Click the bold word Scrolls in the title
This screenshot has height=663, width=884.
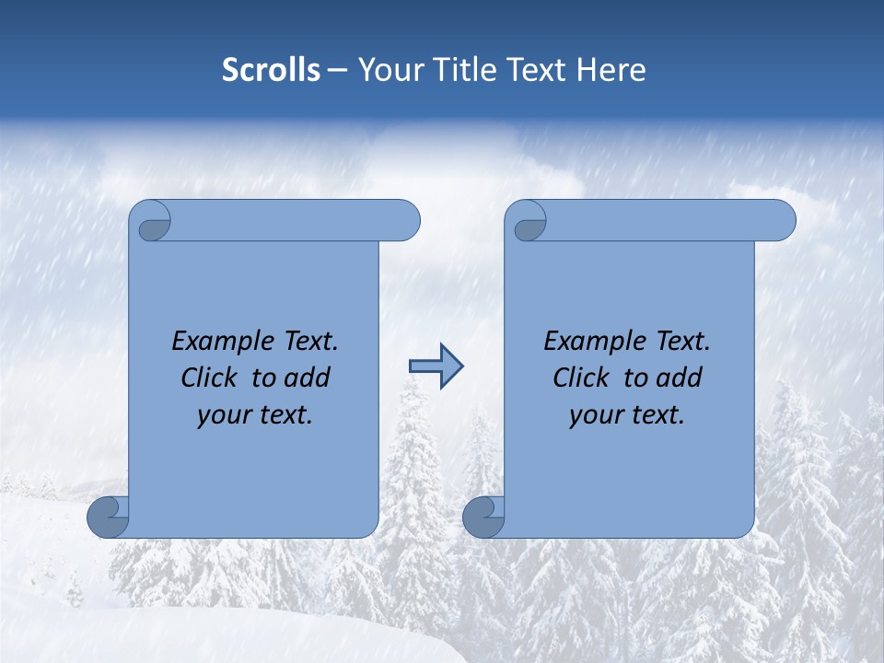(271, 70)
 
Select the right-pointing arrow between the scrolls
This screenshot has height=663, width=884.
(436, 366)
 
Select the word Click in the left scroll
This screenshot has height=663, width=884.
(208, 378)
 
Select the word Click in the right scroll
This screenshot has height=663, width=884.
(580, 378)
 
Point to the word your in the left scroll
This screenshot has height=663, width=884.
(223, 416)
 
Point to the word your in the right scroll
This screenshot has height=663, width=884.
(595, 416)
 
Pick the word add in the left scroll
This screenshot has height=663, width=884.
(308, 378)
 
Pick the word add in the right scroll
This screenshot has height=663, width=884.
(680, 378)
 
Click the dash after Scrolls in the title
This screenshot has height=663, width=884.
(337, 71)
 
